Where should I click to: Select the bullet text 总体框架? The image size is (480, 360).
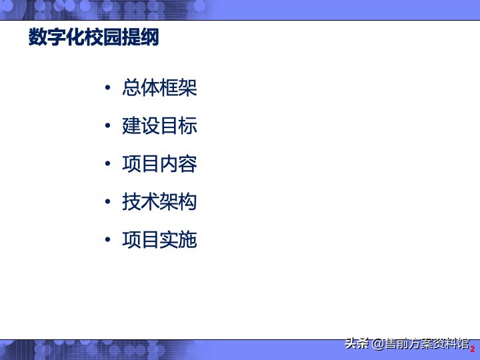159,88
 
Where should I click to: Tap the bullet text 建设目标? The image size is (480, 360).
159,126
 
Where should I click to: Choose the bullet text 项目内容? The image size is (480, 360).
159,164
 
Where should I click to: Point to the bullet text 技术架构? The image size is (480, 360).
159,202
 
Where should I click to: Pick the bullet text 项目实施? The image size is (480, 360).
159,240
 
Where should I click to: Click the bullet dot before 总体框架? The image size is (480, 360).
108,89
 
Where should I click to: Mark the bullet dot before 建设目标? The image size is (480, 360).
108,127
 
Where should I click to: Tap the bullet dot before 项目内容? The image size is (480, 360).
108,165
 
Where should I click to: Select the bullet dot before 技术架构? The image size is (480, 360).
108,203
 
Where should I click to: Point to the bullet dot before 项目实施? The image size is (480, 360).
108,241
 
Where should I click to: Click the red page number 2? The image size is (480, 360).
473,349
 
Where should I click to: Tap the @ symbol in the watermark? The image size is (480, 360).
378,344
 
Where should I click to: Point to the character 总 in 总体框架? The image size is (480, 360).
131,88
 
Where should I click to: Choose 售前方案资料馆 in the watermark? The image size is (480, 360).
427,344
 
